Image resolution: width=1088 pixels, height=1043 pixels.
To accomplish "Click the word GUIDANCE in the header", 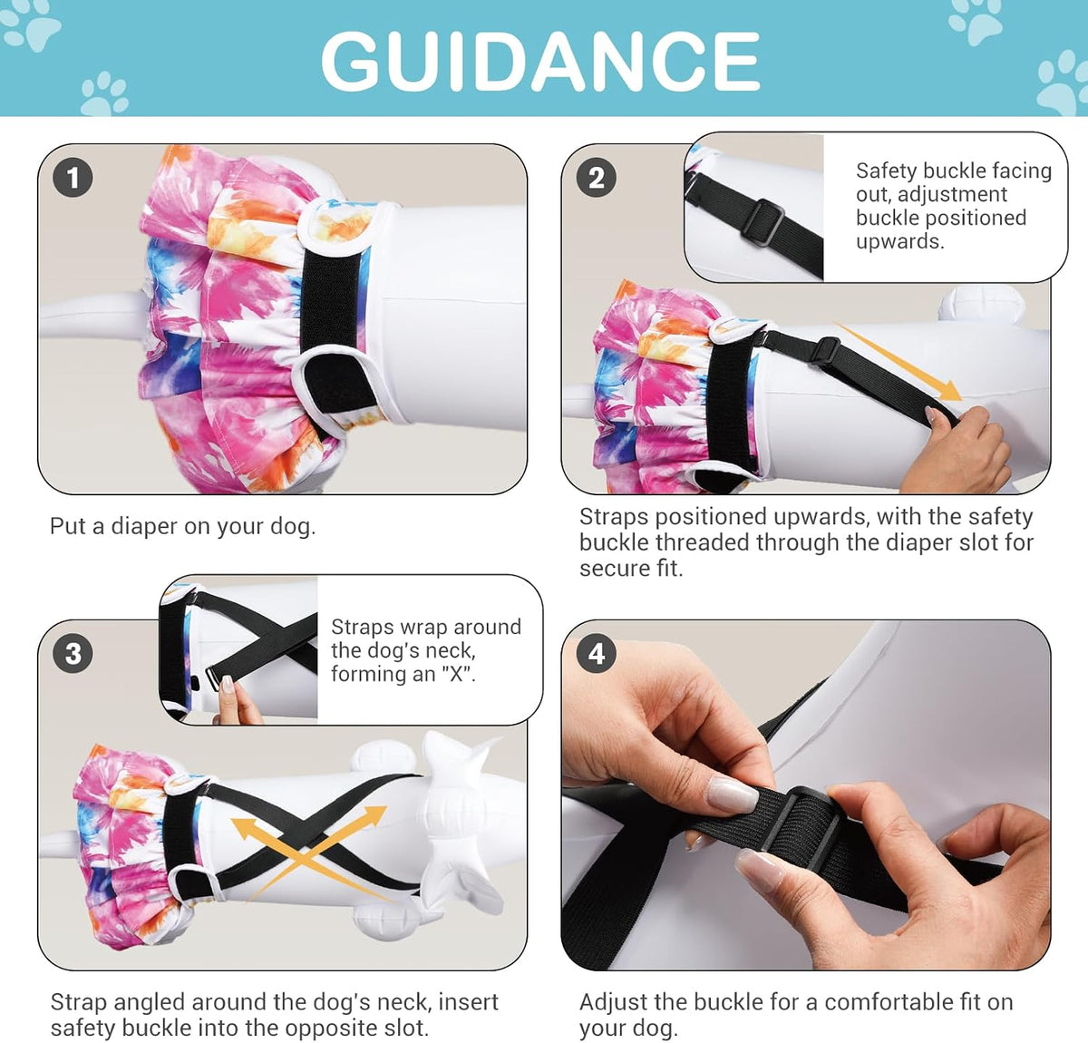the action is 540,61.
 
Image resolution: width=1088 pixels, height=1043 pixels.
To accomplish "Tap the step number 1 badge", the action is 73,178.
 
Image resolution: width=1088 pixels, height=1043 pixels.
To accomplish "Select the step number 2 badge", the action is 596,178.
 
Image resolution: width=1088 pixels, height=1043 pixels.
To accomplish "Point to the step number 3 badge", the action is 73,653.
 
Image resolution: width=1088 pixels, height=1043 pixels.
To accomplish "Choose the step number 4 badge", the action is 596,653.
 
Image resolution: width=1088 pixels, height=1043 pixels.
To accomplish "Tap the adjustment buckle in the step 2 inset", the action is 763,222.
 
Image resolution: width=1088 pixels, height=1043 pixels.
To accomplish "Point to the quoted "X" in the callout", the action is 458,674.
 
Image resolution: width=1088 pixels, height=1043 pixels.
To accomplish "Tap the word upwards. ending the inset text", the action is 899,241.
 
